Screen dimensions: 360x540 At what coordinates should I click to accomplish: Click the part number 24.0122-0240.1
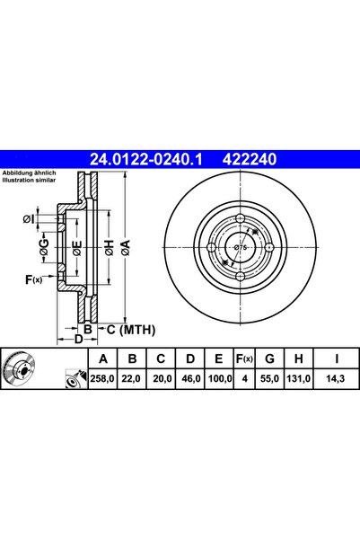pyautogui.click(x=146, y=159)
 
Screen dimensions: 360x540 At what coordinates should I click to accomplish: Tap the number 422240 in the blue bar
pyautogui.click(x=250, y=159)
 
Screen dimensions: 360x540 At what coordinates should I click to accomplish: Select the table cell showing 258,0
pyautogui.click(x=102, y=379)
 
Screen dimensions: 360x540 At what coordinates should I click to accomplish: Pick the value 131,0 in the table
pyautogui.click(x=298, y=379)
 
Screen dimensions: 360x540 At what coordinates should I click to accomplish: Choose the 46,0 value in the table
pyautogui.click(x=191, y=379)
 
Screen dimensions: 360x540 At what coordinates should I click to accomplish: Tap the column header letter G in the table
pyautogui.click(x=269, y=359)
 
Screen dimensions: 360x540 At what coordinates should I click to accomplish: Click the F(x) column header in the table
pyautogui.click(x=244, y=359)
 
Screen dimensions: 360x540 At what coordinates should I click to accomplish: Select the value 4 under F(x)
pyautogui.click(x=245, y=379)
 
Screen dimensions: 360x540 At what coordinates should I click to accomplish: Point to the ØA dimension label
pyautogui.click(x=126, y=248)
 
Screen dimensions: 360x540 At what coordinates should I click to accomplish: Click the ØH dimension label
pyautogui.click(x=110, y=248)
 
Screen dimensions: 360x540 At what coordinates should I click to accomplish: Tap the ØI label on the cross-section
pyautogui.click(x=29, y=218)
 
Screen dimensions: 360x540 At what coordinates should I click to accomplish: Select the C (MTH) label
pyautogui.click(x=131, y=330)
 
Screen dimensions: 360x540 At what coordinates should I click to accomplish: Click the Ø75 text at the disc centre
pyautogui.click(x=241, y=247)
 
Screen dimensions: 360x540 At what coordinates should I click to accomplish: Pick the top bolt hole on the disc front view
pyautogui.click(x=241, y=218)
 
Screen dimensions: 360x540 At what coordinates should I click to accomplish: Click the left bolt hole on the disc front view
pyautogui.click(x=211, y=247)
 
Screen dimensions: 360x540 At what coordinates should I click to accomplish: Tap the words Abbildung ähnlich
pyautogui.click(x=30, y=173)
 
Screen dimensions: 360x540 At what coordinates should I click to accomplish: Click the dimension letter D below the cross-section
pyautogui.click(x=79, y=340)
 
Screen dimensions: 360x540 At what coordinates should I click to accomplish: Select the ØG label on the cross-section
pyautogui.click(x=44, y=248)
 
